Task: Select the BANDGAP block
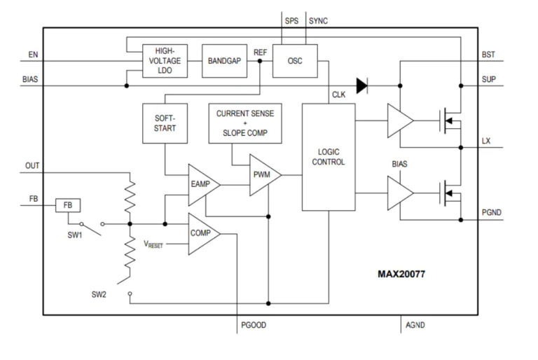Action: point(223,61)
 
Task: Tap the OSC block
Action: point(294,61)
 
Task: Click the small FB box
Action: point(69,205)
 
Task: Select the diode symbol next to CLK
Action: point(361,86)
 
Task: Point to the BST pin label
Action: point(488,53)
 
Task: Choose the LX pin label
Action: point(486,141)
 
